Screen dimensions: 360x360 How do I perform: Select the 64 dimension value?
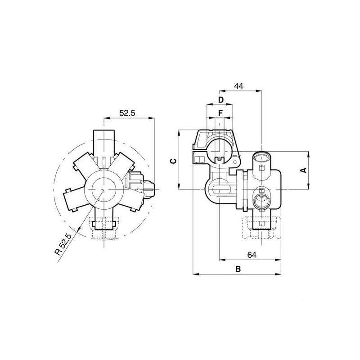click(x=252, y=255)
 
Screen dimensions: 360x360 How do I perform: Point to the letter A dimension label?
click(x=303, y=170)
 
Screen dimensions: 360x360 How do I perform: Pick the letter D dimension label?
click(x=220, y=99)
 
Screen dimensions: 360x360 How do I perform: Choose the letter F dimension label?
click(x=220, y=112)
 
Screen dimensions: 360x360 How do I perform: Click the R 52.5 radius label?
click(x=63, y=243)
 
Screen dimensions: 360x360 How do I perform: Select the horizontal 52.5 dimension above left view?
click(x=127, y=114)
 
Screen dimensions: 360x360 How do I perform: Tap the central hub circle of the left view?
click(x=104, y=189)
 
